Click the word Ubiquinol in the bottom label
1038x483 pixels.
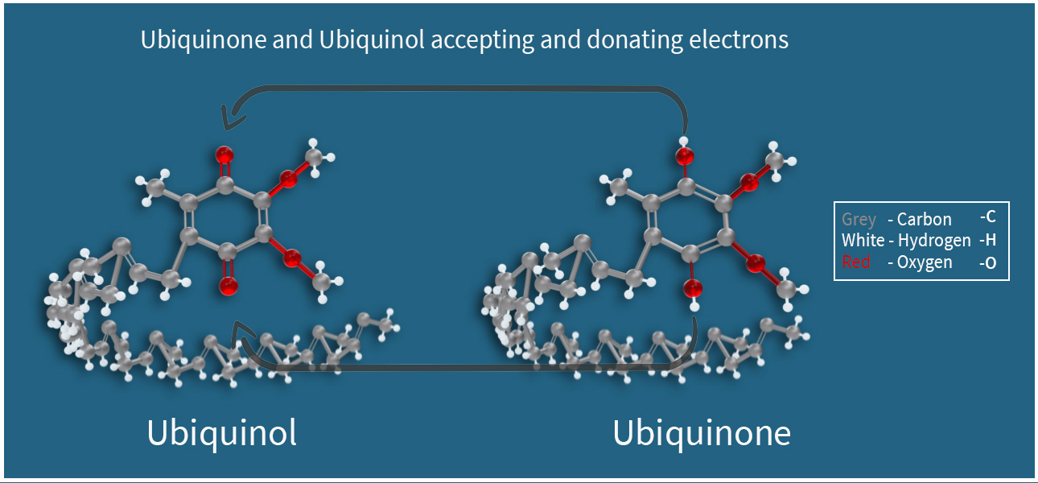coord(222,433)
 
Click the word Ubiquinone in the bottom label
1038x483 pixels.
coord(702,433)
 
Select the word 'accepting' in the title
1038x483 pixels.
coord(483,41)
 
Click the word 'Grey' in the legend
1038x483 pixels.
coord(859,219)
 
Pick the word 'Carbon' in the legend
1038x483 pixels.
coord(924,219)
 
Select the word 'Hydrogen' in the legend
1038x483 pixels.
coord(934,241)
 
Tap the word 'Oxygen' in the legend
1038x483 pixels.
coord(925,262)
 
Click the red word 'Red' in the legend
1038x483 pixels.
coord(855,262)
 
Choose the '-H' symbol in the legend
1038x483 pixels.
coord(987,240)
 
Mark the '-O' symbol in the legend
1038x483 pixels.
coord(987,262)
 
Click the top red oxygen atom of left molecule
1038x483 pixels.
coord(224,155)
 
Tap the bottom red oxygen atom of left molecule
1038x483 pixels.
coord(228,286)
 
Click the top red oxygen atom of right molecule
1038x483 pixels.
coord(685,155)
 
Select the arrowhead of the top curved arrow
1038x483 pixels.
coord(232,118)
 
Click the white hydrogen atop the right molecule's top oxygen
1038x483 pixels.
coord(683,140)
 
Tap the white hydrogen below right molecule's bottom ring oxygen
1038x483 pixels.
coord(694,306)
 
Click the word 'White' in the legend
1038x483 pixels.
coord(863,240)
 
